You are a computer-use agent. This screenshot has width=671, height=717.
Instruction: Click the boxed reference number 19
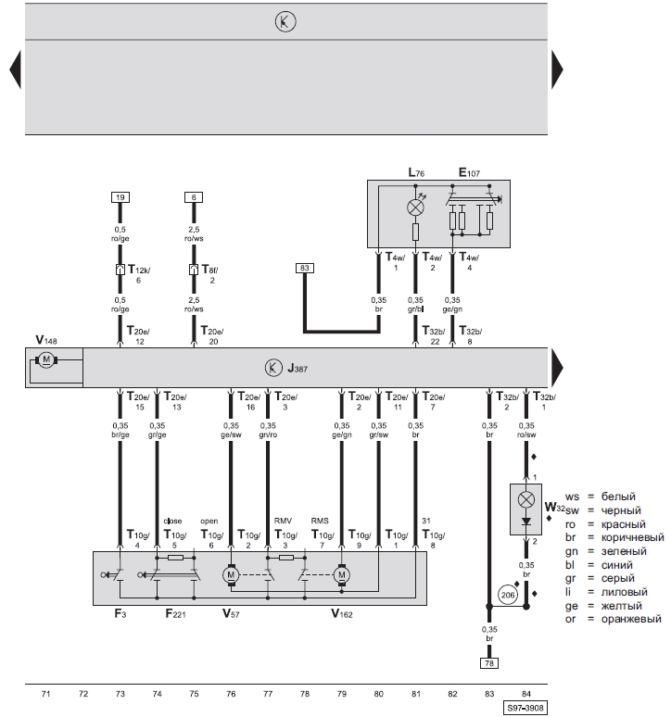(x=120, y=197)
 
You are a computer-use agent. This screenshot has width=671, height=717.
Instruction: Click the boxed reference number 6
(x=194, y=197)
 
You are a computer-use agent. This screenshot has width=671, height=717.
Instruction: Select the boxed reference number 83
(x=305, y=268)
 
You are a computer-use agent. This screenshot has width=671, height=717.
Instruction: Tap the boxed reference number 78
(x=489, y=663)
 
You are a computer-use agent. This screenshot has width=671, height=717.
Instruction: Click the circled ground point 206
(x=508, y=595)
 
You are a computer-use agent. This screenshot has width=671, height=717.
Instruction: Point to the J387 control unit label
(x=298, y=368)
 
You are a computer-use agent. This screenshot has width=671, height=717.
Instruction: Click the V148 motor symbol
(x=46, y=360)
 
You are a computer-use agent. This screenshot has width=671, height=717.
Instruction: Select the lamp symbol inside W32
(x=526, y=499)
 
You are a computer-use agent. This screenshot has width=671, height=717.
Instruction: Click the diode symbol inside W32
(x=526, y=522)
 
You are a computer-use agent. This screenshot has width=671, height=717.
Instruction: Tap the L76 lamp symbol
(x=415, y=208)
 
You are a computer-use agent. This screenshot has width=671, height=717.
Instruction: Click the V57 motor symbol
(x=231, y=574)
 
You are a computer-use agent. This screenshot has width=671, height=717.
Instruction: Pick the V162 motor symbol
(x=341, y=574)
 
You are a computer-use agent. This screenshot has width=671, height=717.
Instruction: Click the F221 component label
(x=176, y=613)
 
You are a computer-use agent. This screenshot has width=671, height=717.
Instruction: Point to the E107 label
(x=469, y=172)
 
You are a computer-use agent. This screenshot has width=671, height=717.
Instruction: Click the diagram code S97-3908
(x=525, y=709)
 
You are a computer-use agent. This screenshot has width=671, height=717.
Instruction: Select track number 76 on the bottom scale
(x=231, y=694)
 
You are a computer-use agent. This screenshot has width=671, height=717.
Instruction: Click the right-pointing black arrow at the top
(x=557, y=69)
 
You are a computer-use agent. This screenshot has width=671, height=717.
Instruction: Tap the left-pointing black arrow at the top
(x=15, y=69)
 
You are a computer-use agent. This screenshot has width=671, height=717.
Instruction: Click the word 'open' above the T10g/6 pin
(x=209, y=521)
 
